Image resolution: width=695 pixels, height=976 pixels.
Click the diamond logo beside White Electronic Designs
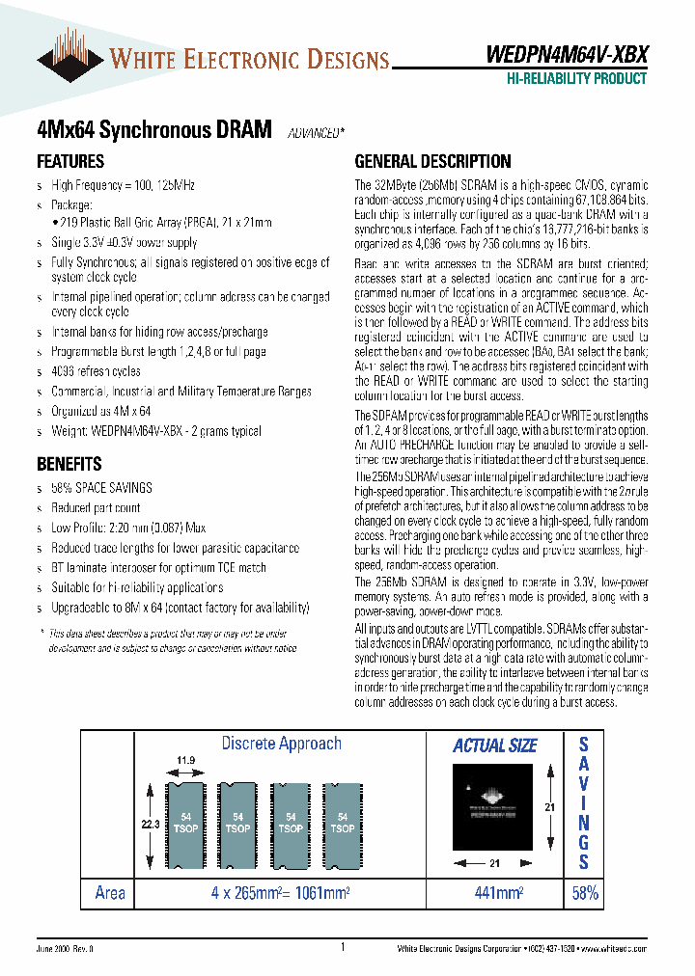point(70,59)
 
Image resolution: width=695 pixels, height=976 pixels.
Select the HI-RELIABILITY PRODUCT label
point(576,79)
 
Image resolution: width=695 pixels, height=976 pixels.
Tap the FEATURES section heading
point(70,161)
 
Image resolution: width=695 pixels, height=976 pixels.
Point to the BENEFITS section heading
point(69,464)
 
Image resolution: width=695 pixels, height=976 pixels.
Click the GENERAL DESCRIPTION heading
point(433,161)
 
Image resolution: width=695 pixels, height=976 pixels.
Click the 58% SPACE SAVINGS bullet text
point(101,488)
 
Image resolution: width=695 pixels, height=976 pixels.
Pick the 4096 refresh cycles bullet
point(96,371)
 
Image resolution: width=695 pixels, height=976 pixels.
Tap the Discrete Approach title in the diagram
point(281,744)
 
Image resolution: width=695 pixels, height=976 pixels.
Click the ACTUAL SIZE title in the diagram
point(494,746)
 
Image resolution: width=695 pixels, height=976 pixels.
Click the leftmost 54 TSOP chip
point(185,823)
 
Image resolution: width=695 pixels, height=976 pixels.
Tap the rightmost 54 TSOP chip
point(342,823)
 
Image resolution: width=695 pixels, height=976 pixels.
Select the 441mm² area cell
point(494,894)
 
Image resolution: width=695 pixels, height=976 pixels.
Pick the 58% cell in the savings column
point(585,894)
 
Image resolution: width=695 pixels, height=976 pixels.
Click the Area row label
point(110,894)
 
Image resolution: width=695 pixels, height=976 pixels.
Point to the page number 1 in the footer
point(343,948)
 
